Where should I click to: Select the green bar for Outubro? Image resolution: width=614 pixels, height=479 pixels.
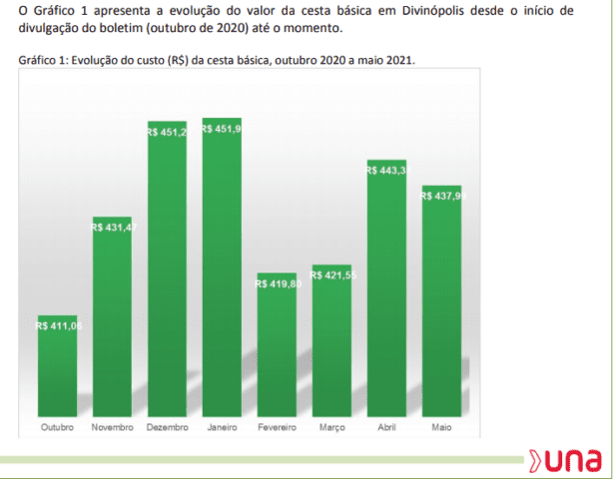[57, 365]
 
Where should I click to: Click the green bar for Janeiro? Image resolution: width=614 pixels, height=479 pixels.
[222, 266]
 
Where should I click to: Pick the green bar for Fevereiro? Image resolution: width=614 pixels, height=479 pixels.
[277, 344]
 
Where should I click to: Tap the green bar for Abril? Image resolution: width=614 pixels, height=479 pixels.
[386, 288]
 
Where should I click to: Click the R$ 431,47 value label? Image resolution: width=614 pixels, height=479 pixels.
[114, 228]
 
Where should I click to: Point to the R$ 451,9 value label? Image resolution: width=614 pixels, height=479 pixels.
[222, 129]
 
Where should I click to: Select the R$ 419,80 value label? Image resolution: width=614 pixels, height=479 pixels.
[278, 283]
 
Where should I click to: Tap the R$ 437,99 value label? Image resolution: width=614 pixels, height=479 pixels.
[443, 196]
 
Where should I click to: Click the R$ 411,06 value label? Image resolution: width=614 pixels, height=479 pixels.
[59, 325]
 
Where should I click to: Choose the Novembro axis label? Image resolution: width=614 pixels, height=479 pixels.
[113, 427]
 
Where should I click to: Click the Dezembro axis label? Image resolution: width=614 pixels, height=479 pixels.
[167, 427]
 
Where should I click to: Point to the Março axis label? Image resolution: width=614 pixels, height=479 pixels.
[332, 428]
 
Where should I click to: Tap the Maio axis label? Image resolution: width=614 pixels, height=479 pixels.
[441, 427]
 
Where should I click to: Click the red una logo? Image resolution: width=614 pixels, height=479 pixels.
[565, 461]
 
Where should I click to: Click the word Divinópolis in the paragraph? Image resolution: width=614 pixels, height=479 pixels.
[432, 11]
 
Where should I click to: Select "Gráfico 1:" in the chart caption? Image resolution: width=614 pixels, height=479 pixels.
[43, 60]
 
